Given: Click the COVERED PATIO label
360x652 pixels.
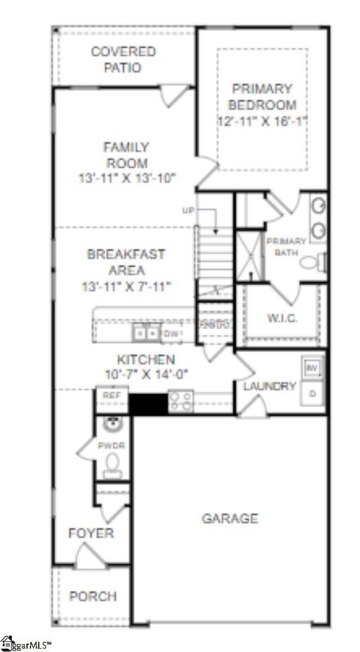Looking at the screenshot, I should [123, 60].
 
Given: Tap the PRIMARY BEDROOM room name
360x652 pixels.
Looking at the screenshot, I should [262, 97].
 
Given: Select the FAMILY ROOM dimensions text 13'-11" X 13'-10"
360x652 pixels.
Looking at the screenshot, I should [127, 178].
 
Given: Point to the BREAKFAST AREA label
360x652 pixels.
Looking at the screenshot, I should [126, 262].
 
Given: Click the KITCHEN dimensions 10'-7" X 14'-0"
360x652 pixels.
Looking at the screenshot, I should [146, 373].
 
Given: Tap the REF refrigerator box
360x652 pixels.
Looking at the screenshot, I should [112, 396].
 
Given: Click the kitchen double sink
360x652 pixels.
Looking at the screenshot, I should [146, 333].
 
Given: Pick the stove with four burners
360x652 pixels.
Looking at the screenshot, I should [181, 402].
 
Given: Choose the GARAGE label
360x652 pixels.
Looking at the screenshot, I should [230, 518].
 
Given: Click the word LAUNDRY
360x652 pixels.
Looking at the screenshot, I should [269, 386].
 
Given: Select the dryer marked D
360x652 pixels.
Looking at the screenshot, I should [312, 393].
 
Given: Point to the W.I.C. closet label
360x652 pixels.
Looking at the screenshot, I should [282, 317].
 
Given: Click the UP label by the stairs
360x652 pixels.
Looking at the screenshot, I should [188, 210].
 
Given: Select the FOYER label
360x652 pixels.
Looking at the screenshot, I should [91, 532].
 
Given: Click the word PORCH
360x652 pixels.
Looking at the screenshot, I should [93, 596].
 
